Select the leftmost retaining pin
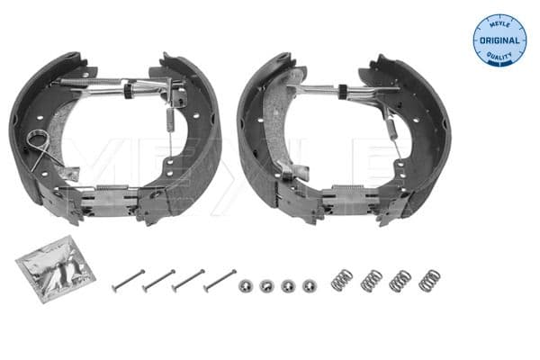(128, 281)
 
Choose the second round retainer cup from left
(265, 285)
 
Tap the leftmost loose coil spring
(342, 281)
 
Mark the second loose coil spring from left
(371, 281)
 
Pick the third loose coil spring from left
(400, 280)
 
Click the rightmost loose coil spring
(430, 279)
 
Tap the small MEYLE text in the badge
(499, 24)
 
